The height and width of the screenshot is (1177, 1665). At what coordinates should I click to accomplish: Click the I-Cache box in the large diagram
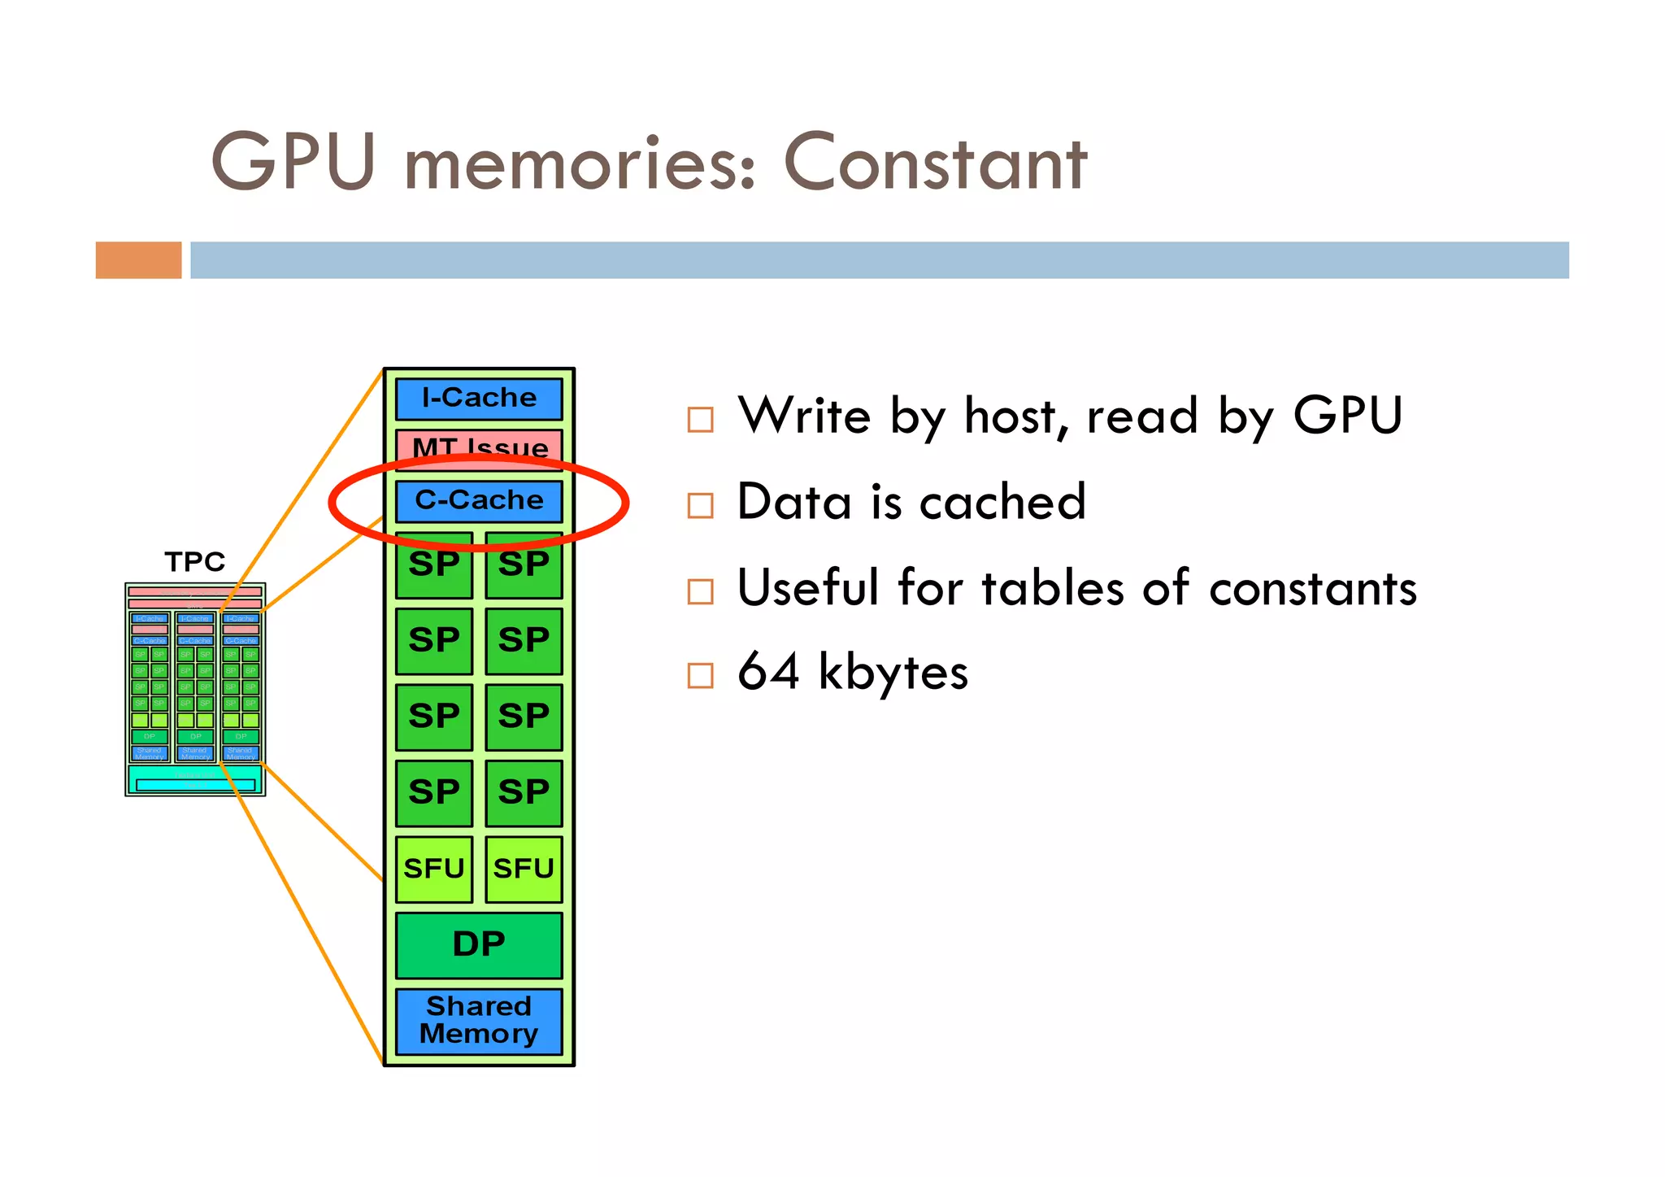tap(479, 399)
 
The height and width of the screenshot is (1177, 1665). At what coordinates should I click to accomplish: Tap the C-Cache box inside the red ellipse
tap(479, 500)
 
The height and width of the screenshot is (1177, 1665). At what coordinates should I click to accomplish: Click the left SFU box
tap(434, 869)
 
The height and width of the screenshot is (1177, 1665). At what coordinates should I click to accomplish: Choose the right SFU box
tap(524, 869)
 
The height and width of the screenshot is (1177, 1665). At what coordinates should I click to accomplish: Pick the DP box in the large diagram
tap(479, 944)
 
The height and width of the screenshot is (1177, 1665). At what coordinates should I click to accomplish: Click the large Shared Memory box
tap(479, 1020)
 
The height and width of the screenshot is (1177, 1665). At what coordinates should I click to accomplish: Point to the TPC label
tap(194, 561)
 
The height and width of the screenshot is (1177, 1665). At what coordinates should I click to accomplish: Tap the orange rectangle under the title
tap(138, 260)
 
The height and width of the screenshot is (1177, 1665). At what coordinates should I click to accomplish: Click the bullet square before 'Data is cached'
tap(700, 505)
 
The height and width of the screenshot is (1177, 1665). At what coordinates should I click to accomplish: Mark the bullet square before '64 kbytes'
tap(700, 675)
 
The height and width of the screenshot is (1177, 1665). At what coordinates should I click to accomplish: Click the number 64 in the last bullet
tap(767, 672)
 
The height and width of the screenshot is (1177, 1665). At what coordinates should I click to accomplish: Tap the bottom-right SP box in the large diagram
tap(524, 792)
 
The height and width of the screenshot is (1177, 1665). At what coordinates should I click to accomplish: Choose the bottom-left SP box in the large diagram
tap(434, 792)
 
